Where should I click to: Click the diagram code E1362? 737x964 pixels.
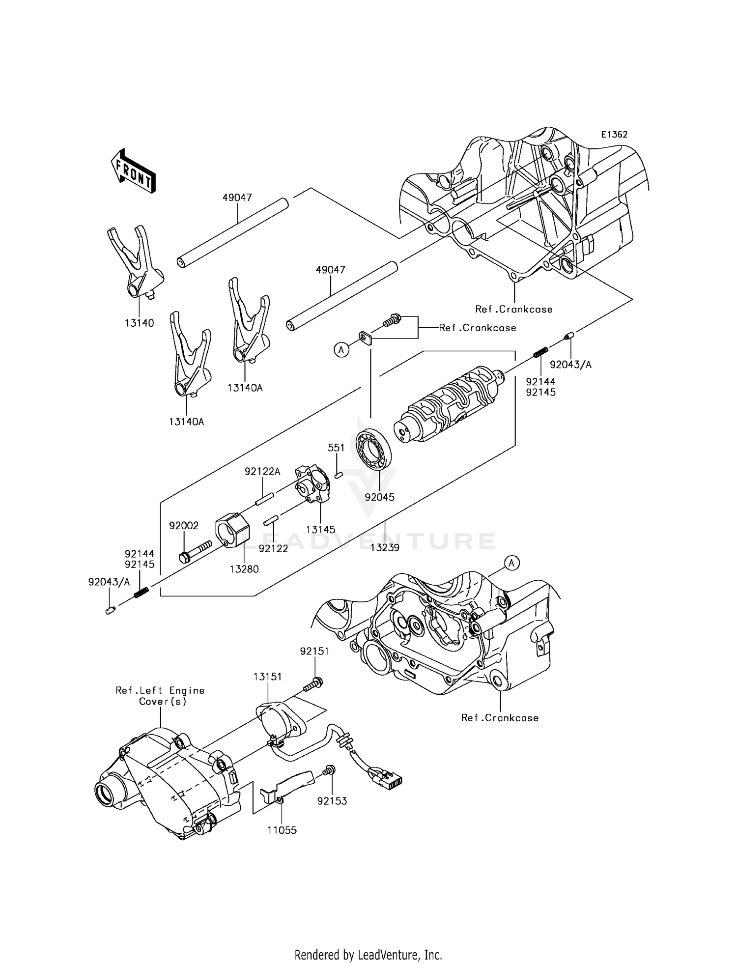[x=614, y=135]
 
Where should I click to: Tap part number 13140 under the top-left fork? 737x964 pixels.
[x=139, y=323]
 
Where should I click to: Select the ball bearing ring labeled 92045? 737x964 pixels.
[x=373, y=450]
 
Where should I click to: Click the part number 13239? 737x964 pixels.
[x=385, y=547]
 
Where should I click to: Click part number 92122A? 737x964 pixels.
[x=262, y=472]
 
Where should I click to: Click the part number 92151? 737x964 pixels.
[x=314, y=651]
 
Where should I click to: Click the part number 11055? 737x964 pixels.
[x=282, y=830]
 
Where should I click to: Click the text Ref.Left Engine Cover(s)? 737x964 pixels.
[x=160, y=696]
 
